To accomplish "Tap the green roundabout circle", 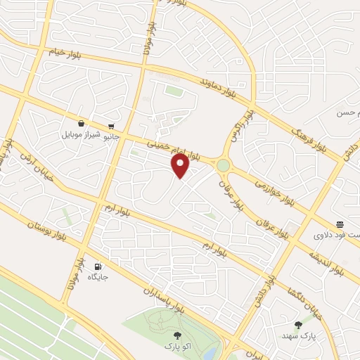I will [x=223, y=165].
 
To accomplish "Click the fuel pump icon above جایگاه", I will [x=97, y=266].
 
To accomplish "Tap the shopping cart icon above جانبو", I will [x=110, y=126].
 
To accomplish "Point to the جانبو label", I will [x=111, y=136].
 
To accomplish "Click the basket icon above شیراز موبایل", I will [x=82, y=122].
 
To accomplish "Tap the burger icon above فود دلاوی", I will [x=340, y=225].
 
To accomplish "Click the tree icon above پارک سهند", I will [x=298, y=325].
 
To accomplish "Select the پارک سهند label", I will [x=299, y=336].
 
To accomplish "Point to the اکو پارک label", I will [x=176, y=347].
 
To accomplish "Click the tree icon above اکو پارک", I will [x=176, y=335].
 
